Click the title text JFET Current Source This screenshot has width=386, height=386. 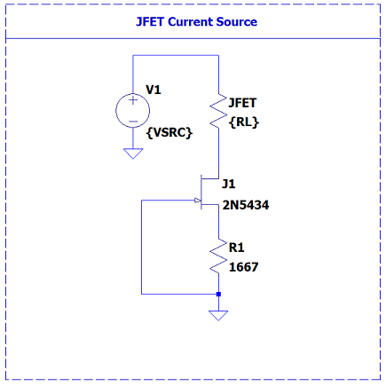point(196,22)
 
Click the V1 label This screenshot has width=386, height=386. point(154,90)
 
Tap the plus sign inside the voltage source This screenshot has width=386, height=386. point(133,100)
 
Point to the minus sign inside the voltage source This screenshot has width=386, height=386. point(133,122)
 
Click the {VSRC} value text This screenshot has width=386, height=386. point(169,132)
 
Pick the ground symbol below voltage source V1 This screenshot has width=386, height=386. point(133,154)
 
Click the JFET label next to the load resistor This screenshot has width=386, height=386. point(242,103)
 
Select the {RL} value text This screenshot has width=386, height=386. point(244,122)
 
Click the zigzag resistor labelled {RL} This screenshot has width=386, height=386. point(219,111)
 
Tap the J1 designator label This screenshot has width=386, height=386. point(229,184)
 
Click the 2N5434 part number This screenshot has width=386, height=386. point(246,205)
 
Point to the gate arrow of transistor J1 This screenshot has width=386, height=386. point(197,201)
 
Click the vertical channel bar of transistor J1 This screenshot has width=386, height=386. point(201,192)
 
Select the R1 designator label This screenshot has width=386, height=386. point(236,248)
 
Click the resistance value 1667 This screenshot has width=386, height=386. point(244,267)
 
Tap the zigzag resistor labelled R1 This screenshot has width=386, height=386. point(219,256)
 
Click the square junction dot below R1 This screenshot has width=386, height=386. point(218,294)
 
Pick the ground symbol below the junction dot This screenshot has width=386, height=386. point(218,315)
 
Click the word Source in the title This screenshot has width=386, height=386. point(237,22)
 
